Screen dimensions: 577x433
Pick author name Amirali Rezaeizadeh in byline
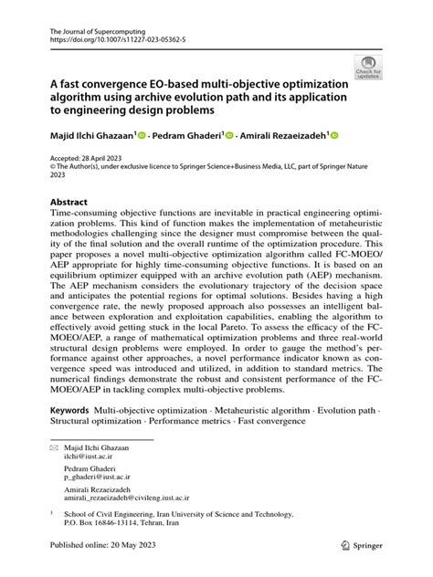click(x=284, y=136)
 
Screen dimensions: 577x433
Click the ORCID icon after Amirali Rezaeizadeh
click(x=335, y=135)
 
